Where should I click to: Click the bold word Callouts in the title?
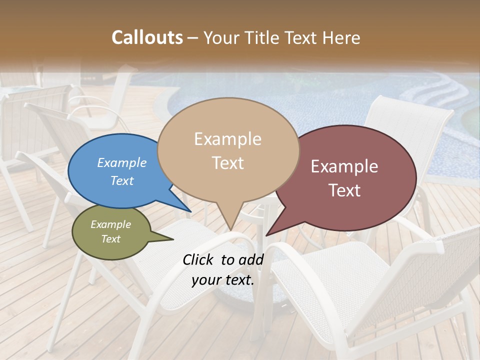click(147, 37)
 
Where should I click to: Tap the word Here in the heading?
click(340, 37)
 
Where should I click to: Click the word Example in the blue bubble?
click(122, 162)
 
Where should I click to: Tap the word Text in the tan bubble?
click(228, 163)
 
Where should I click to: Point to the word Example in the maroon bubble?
click(344, 166)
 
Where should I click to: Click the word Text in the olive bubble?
click(110, 239)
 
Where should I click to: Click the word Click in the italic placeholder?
click(199, 259)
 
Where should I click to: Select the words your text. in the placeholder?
click(223, 280)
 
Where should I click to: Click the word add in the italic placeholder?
click(251, 259)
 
